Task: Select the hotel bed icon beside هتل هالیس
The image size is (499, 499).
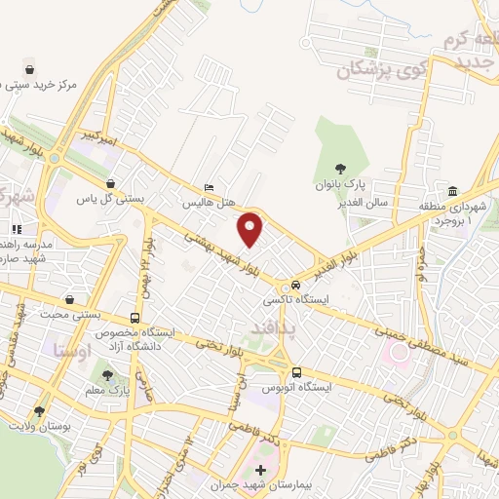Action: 210,188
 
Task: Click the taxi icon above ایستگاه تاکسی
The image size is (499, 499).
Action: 293,285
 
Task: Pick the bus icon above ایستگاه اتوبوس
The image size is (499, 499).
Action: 297,371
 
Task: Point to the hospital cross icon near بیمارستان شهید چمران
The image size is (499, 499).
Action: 259,470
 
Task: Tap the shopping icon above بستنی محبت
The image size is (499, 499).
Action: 68,300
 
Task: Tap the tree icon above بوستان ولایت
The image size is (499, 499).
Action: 39,412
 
